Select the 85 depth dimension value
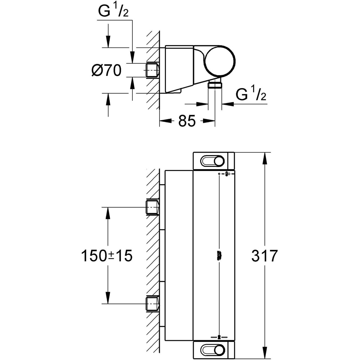187,121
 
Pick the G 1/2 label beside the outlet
251,95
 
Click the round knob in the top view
219,61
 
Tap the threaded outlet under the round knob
215,85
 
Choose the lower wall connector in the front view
153,303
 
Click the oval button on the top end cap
214,161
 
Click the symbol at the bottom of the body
219,337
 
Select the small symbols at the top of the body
226,174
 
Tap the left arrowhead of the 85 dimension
164,121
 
